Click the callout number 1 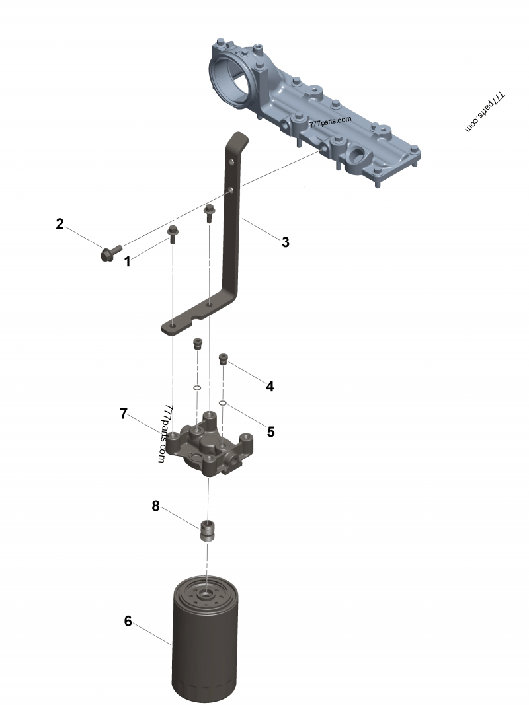[128, 262]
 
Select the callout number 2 [60, 224]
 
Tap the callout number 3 [285, 242]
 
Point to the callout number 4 [270, 386]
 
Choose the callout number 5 [270, 431]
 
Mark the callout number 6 [128, 621]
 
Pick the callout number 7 [124, 414]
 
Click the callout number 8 [155, 506]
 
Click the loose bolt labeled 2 [110, 252]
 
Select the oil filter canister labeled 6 [206, 641]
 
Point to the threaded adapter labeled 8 [209, 531]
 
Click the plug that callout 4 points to [224, 359]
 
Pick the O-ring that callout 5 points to [224, 402]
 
